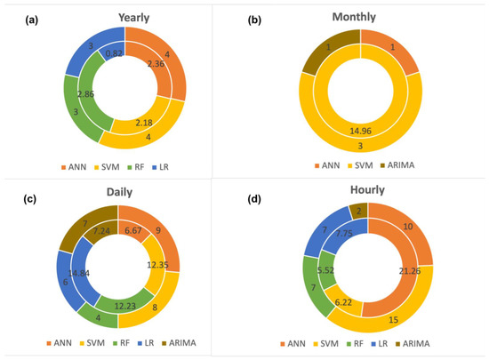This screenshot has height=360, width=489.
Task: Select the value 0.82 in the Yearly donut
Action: [x=114, y=53]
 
